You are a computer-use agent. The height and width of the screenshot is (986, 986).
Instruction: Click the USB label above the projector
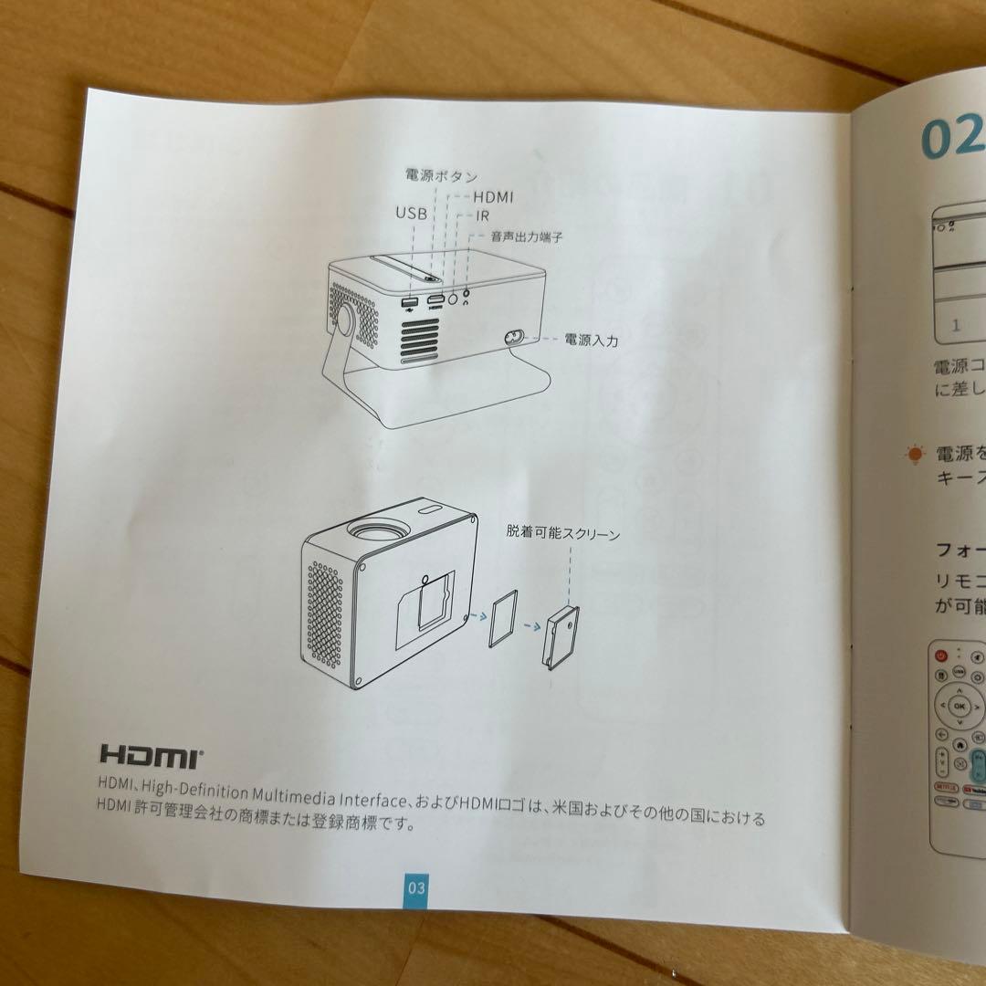(411, 213)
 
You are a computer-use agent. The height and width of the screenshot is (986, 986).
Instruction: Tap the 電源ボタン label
(441, 175)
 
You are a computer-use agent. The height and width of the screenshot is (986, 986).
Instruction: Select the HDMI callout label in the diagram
(493, 196)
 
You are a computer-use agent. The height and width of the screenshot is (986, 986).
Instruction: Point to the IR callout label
(485, 215)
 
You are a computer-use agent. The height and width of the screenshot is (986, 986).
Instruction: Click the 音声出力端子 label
(527, 236)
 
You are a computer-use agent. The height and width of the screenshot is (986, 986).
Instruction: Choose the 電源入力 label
(591, 340)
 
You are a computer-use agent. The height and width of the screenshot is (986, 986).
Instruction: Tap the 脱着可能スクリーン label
(563, 533)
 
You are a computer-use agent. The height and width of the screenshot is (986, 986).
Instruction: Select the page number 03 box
(416, 887)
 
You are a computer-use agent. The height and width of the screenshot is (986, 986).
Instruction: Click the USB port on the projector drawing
(408, 302)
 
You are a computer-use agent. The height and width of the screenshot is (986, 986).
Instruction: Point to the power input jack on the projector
(514, 338)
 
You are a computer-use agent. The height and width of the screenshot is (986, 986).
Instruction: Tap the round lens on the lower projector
(377, 530)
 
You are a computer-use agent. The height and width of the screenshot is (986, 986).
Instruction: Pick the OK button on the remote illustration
(959, 706)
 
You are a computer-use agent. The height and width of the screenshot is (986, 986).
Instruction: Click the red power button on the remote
(941, 656)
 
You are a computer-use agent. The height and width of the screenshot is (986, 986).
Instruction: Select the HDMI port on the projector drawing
(436, 300)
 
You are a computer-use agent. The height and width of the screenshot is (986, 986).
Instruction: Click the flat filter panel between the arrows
(501, 620)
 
